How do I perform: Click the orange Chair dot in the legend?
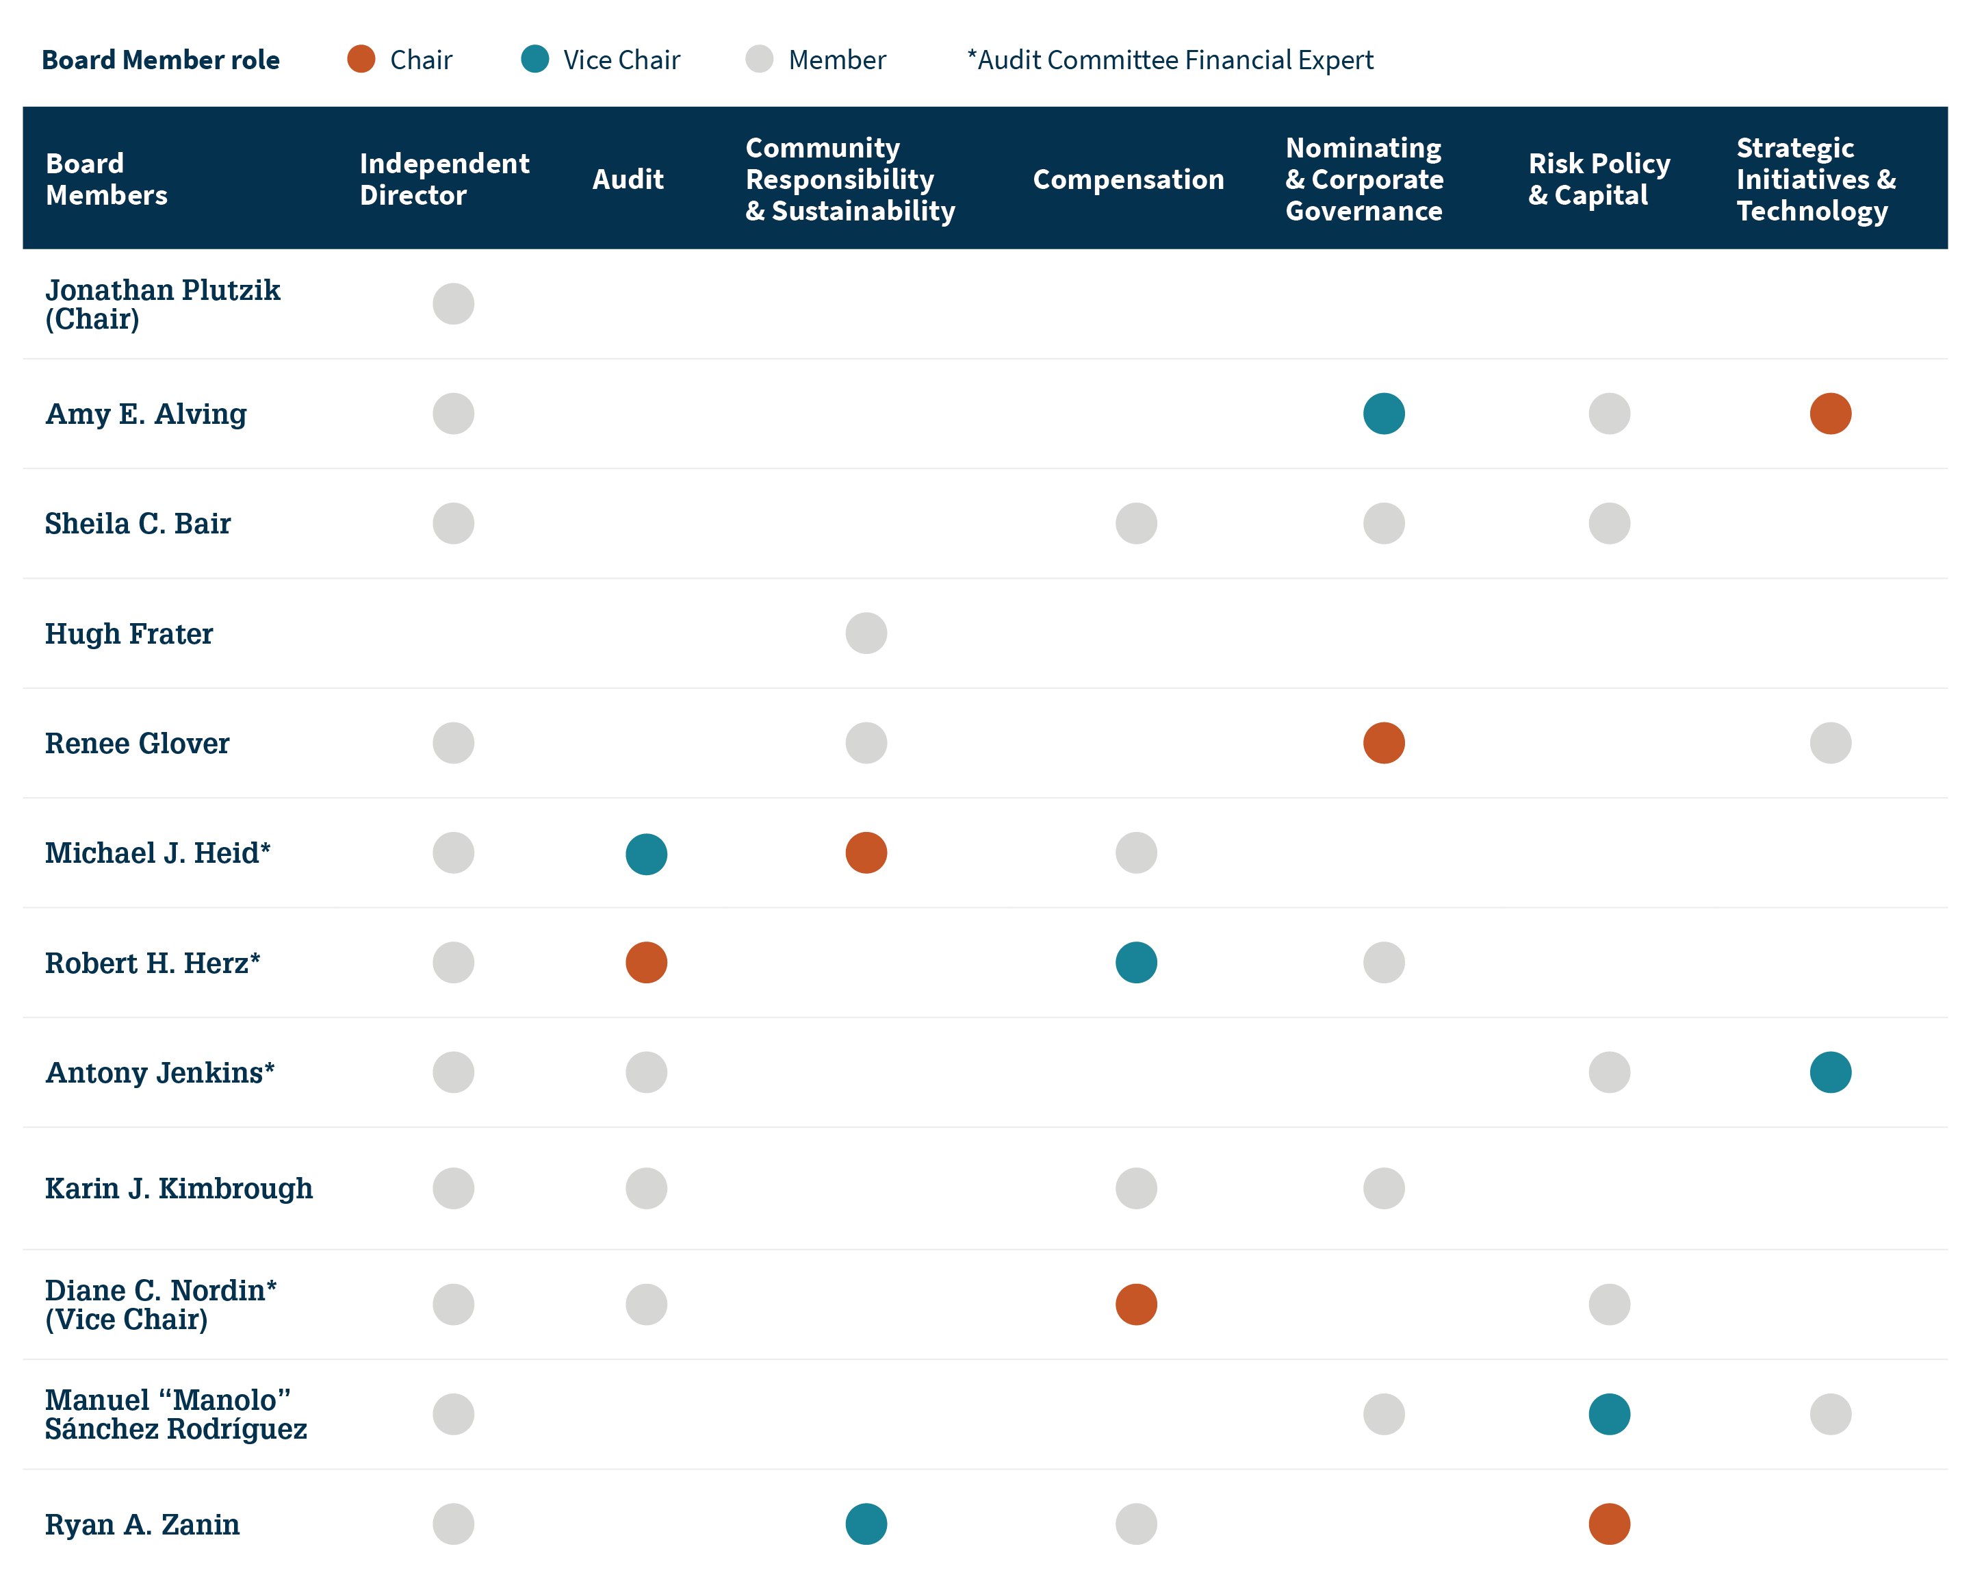coord(361,59)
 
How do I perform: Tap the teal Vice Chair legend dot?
coord(534,59)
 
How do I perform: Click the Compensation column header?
coord(1128,179)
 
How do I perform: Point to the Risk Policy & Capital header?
coord(1599,179)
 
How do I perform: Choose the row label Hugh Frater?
coord(129,634)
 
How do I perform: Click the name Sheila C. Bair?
coord(138,524)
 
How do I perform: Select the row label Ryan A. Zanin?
coord(143,1524)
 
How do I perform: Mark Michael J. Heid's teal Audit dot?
coord(646,854)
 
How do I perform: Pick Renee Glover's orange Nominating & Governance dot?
coord(1383,743)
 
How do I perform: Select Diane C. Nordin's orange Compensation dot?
coord(1136,1304)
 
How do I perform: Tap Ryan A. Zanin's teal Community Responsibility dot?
coord(866,1524)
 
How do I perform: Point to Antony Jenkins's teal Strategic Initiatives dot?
coord(1830,1072)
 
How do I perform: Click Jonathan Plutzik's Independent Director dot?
coord(453,304)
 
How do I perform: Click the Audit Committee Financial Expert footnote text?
coord(1170,60)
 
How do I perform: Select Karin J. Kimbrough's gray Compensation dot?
coord(1136,1188)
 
